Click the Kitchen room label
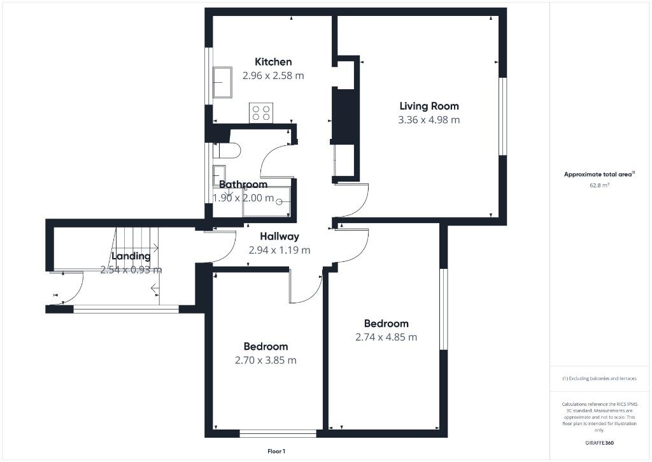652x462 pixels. tap(273, 62)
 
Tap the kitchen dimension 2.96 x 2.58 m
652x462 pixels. tap(273, 75)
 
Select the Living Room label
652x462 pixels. tap(429, 106)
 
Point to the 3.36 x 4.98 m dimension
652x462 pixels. tap(429, 120)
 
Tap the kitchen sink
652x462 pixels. tap(222, 82)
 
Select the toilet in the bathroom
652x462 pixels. tap(227, 150)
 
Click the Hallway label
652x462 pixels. tap(279, 236)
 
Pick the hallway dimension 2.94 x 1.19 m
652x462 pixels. tap(279, 250)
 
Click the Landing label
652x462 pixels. tap(131, 256)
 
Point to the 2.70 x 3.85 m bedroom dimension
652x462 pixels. tap(266, 360)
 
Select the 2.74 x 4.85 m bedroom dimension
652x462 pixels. tap(386, 337)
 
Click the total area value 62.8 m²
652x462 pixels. tap(599, 186)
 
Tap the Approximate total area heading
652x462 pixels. tap(599, 174)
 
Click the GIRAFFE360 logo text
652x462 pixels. tap(599, 443)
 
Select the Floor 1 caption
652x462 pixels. tap(276, 451)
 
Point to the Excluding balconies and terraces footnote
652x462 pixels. tap(599, 379)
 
